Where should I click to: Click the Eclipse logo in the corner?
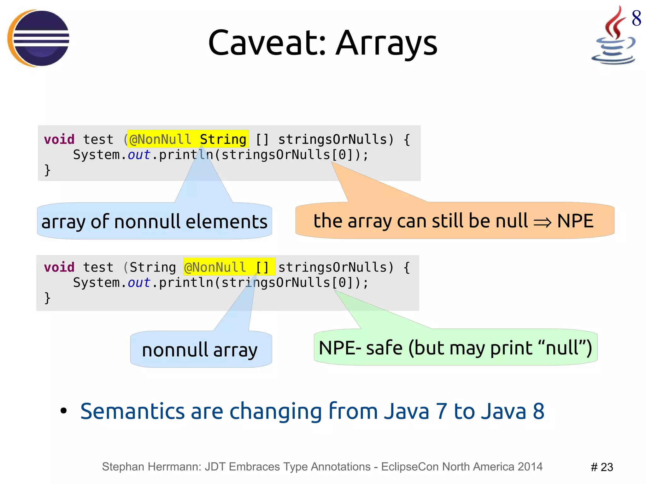38,38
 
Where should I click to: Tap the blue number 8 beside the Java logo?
636,18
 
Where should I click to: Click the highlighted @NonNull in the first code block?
160,139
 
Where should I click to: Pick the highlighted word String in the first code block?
223,139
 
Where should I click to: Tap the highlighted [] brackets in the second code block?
262,267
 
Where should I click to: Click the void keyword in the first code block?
59,139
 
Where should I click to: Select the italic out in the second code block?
139,282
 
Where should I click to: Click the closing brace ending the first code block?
47,170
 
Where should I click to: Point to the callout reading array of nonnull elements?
155,221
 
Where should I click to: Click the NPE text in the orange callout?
575,221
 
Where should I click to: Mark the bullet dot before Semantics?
64,411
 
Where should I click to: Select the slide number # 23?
602,467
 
